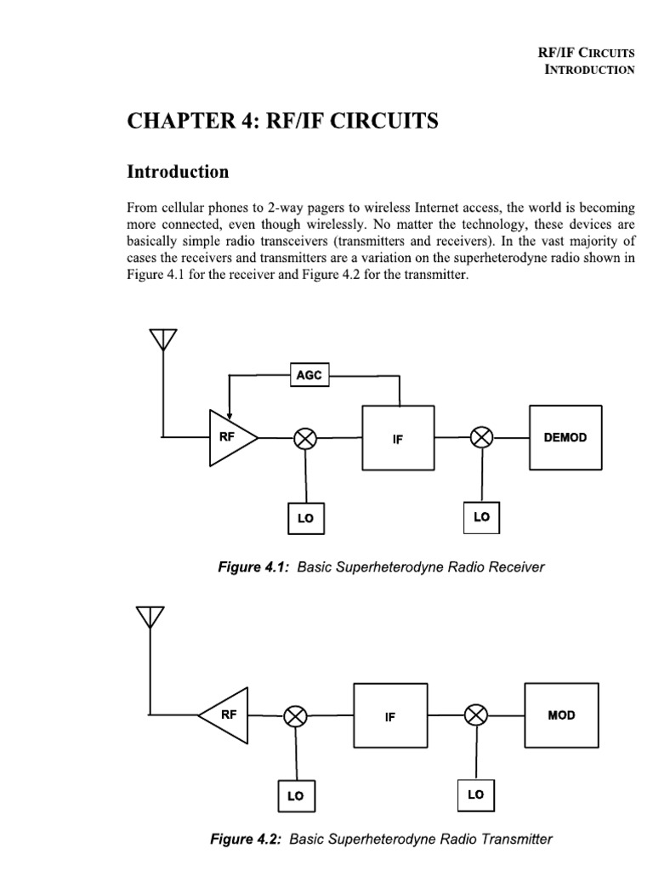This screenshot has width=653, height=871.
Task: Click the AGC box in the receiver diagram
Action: tap(309, 374)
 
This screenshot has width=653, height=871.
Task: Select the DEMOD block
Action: tap(565, 437)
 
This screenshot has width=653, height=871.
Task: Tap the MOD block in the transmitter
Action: tap(561, 714)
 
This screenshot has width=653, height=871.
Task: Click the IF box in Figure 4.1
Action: tap(398, 438)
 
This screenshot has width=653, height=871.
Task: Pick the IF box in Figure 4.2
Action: tap(390, 717)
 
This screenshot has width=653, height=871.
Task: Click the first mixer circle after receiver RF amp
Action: tap(305, 438)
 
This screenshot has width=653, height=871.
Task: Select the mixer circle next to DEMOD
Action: tap(482, 437)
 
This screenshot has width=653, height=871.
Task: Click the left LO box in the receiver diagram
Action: tap(305, 518)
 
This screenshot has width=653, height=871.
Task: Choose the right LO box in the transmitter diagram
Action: tap(475, 794)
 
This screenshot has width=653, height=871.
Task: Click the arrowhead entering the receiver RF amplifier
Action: tap(228, 415)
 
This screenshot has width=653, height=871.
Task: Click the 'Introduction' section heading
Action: tap(178, 172)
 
